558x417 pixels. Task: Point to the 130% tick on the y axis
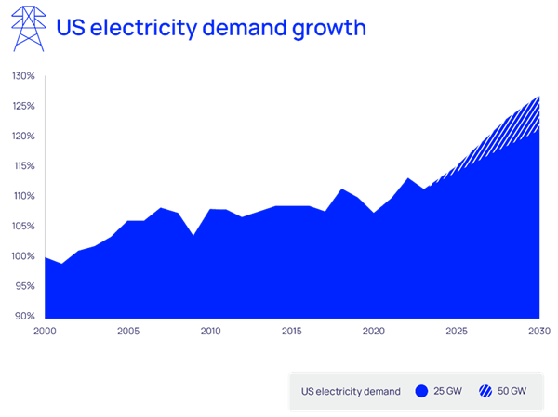tap(23, 76)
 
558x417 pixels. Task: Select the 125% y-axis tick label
tap(23, 106)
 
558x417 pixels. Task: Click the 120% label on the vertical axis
tap(23, 136)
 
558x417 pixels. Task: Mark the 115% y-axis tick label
tap(23, 166)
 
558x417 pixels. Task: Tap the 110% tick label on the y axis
tap(23, 196)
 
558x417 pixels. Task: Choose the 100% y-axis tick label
tap(23, 256)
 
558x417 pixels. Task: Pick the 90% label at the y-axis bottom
tap(23, 316)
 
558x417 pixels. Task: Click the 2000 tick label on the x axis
tap(45, 331)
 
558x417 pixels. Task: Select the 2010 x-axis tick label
tap(210, 331)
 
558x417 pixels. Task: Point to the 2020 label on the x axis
tap(374, 331)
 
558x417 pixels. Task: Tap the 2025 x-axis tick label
tap(457, 331)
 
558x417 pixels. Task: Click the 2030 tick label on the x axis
tap(539, 331)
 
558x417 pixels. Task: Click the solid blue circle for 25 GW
tap(420, 392)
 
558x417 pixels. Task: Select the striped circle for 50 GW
tap(485, 392)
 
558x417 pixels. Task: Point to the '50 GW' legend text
tap(512, 392)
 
